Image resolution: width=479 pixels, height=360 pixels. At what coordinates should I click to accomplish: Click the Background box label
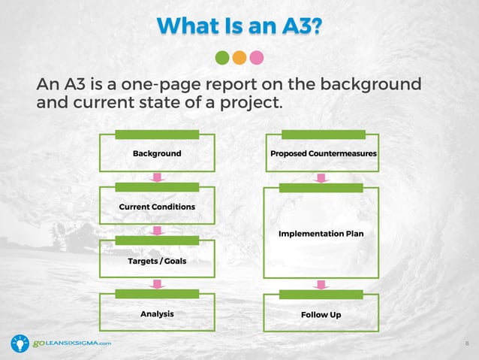coord(157,153)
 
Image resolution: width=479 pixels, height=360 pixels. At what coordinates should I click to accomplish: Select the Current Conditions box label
coord(157,207)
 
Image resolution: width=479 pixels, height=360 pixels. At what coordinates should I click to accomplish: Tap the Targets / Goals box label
coord(157,261)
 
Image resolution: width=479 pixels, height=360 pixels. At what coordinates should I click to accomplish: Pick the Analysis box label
coord(157,313)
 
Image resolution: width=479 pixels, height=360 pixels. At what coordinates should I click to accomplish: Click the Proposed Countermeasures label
coord(324,153)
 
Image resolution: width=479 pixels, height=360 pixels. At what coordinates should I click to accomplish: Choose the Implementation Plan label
coord(321,234)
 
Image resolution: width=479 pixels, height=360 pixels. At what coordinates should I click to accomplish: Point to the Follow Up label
coord(321,314)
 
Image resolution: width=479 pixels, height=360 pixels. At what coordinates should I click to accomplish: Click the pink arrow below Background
coord(157,177)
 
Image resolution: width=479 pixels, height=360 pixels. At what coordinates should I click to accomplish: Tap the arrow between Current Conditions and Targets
coord(157,231)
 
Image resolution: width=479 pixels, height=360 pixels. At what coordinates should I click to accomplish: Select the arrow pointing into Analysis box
coord(157,284)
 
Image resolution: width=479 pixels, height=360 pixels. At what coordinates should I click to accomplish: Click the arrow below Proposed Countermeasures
coord(321,177)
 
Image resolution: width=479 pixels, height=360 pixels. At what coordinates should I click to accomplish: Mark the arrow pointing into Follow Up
coord(321,284)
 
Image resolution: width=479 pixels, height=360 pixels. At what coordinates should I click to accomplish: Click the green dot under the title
coord(222,57)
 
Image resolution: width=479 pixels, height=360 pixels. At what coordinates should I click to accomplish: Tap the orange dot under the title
coord(239,57)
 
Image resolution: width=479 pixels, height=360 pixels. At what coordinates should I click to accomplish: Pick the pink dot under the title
coord(257,57)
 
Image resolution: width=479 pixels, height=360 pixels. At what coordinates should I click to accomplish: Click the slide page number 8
coord(467,343)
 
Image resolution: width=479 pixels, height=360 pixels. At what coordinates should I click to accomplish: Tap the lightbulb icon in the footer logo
coord(20,343)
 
